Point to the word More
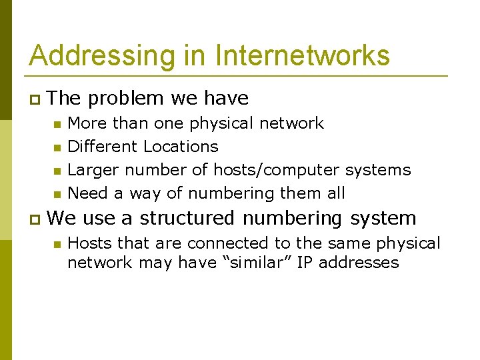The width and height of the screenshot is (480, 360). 87,123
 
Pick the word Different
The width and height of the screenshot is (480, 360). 103,147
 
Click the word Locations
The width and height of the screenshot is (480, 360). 181,147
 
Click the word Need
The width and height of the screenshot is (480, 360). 87,193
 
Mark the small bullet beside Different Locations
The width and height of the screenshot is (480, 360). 58,147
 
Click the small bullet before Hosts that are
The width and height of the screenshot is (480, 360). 58,244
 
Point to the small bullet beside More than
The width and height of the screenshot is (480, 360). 58,124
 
